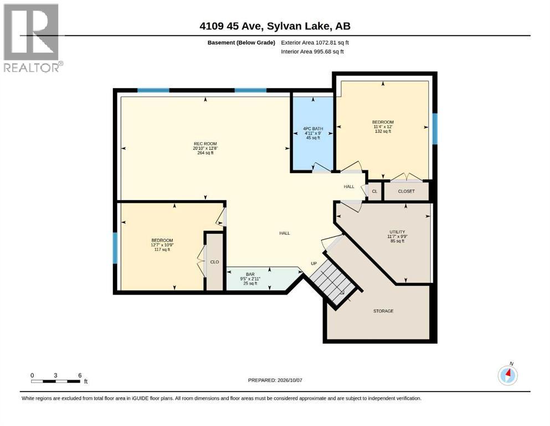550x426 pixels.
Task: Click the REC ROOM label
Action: [205, 144]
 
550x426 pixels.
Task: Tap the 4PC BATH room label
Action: [313, 129]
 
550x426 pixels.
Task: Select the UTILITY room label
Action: [397, 232]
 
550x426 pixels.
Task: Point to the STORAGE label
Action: [383, 311]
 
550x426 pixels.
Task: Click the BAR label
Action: [250, 274]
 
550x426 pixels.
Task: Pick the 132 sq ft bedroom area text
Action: [383, 131]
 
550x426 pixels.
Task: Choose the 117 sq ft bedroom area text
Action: [162, 250]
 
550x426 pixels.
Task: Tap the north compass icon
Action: [507, 375]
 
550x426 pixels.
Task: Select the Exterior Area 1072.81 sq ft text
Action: [315, 43]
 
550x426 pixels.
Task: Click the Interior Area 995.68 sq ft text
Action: [312, 52]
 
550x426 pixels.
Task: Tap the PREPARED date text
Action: [275, 380]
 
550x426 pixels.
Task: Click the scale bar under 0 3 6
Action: [56, 381]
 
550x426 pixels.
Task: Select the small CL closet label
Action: [374, 191]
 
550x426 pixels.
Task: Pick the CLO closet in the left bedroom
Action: [214, 262]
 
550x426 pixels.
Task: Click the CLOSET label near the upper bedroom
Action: [406, 191]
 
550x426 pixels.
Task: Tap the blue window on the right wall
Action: [435, 129]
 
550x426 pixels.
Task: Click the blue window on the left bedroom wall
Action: [115, 248]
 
